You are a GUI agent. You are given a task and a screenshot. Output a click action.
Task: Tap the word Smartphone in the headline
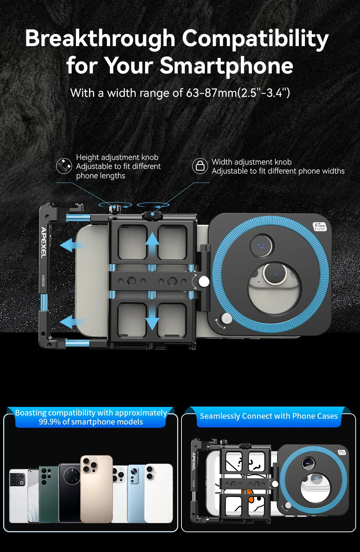226,66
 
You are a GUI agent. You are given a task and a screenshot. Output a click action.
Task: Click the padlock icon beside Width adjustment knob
200,166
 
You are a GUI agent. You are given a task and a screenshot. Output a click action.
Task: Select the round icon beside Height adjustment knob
64,166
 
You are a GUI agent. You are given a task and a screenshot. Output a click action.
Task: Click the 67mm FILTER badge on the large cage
320,226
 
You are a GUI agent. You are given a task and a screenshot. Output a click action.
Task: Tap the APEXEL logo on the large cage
44,243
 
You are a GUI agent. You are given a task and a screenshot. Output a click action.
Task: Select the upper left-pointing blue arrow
72,245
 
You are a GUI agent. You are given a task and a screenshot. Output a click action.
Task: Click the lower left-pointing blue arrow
72,322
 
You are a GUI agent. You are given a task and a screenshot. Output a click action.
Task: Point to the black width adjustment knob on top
152,215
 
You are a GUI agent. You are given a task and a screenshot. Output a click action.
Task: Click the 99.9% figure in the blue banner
50,422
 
